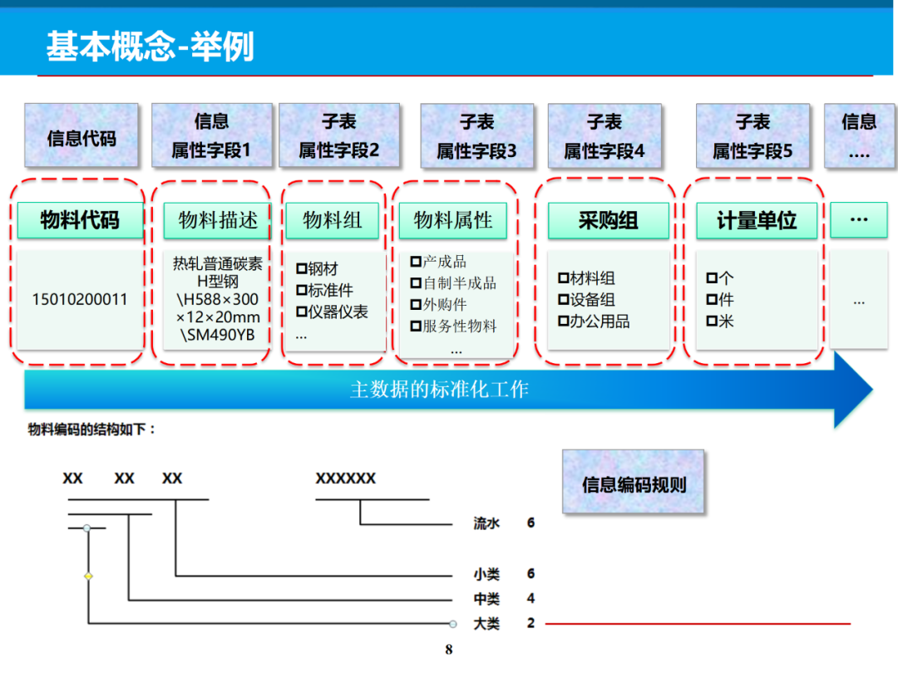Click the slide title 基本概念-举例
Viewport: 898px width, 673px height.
[150, 47]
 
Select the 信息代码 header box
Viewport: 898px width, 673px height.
[81, 137]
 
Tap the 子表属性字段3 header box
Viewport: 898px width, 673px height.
[476, 137]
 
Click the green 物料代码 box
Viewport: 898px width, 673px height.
[80, 220]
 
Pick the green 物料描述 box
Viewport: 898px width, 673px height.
[218, 220]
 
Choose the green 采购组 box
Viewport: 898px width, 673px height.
[608, 220]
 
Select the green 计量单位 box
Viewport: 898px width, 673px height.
[757, 220]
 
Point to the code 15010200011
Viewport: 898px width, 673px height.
[80, 299]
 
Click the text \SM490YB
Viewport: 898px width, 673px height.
[218, 336]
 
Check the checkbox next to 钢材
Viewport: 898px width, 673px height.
[302, 269]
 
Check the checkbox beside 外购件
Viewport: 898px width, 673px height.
[416, 305]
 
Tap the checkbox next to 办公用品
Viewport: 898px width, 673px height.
[563, 322]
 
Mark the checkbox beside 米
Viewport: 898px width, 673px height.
[712, 322]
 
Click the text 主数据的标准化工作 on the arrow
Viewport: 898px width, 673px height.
[439, 390]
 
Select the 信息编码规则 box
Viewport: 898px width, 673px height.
[634, 483]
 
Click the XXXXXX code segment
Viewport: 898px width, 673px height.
[346, 479]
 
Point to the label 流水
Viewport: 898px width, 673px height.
[486, 523]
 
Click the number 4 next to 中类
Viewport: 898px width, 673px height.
[530, 598]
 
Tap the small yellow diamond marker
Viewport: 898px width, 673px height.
[88, 576]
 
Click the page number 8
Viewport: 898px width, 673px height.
[449, 650]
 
